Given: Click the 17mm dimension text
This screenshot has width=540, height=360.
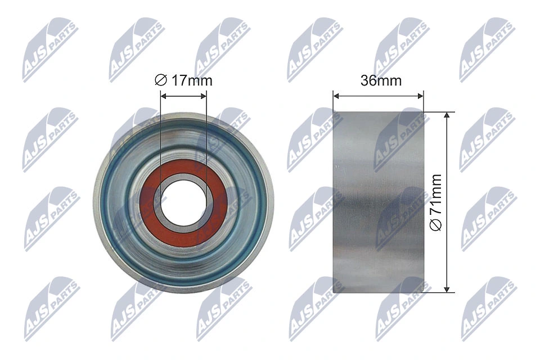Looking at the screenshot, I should click(x=192, y=80).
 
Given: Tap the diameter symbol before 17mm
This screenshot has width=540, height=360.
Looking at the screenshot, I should click(x=161, y=80).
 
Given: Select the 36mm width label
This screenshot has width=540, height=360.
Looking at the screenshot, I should click(x=381, y=80).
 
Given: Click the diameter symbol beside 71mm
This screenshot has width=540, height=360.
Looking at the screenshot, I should click(x=435, y=224).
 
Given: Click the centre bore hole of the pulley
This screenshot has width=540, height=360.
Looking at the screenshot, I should click(x=183, y=200).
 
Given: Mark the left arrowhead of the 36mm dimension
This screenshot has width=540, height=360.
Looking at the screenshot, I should click(x=336, y=95).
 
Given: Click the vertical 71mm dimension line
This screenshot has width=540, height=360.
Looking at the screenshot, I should click(x=447, y=169).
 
